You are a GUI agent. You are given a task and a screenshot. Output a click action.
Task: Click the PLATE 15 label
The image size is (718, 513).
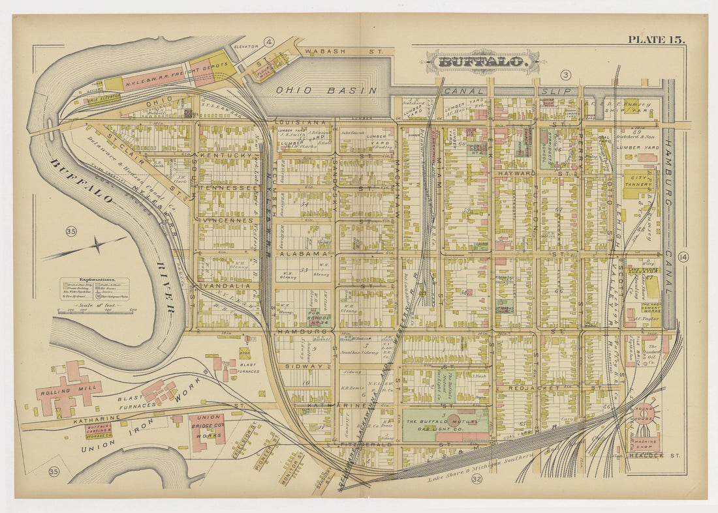pyautogui.click(x=656, y=40)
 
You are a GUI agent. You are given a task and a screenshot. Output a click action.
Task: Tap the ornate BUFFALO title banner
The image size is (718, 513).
pyautogui.click(x=482, y=62)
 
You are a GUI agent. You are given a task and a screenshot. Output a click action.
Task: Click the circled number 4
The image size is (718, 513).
pyautogui.click(x=269, y=43)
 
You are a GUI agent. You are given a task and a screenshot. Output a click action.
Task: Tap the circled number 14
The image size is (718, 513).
pyautogui.click(x=683, y=256)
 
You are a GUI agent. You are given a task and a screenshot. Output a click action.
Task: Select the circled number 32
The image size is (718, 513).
pyautogui.click(x=476, y=480)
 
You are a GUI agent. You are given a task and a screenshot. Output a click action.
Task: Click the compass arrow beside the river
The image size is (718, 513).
pyautogui.click(x=97, y=246)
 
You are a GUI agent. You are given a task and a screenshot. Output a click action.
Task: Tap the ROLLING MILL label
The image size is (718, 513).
pyautogui.click(x=59, y=392)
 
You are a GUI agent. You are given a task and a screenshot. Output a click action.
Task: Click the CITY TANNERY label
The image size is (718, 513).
pyautogui.click(x=638, y=181)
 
